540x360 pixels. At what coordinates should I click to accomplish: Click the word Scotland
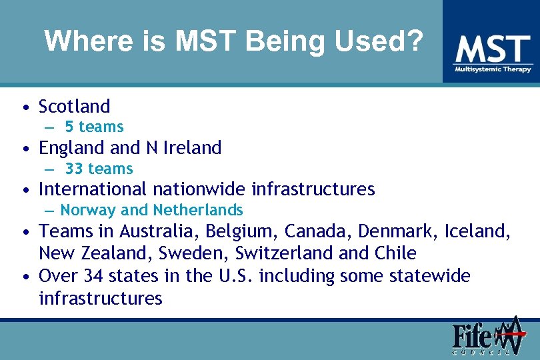(x=75, y=107)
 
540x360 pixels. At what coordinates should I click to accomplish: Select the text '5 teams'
(x=94, y=127)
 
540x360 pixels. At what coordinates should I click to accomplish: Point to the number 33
(x=74, y=169)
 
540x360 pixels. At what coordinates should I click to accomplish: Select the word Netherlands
(x=197, y=210)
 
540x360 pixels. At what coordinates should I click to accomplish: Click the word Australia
(x=160, y=231)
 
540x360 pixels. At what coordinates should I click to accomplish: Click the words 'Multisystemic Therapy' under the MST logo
(x=493, y=69)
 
